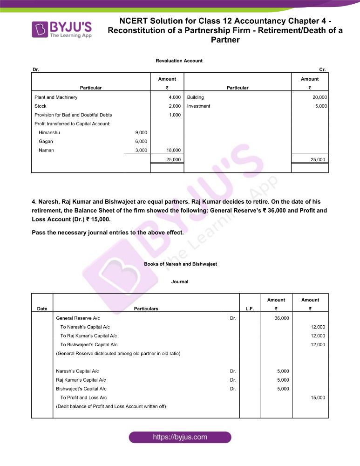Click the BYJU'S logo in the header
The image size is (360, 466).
tap(61, 29)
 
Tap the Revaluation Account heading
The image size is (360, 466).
tap(179, 61)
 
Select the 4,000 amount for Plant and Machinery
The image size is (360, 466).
tap(175, 97)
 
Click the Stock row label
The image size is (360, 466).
tap(41, 106)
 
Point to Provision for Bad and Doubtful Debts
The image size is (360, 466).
tap(73, 115)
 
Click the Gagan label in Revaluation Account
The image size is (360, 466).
tap(46, 142)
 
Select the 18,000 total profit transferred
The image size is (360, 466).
tap(173, 151)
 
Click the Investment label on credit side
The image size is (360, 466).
tap(198, 106)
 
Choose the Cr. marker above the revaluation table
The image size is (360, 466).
tap(322, 69)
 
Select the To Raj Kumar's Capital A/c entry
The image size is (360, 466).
tap(88, 336)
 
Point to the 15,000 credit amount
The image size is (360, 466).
tap(318, 398)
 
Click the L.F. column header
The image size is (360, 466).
tap(249, 308)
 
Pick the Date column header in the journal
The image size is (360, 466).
tap(42, 308)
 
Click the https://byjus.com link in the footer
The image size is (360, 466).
tap(180, 437)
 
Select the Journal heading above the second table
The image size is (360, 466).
tap(180, 281)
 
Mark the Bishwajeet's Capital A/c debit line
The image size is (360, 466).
tap(81, 389)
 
